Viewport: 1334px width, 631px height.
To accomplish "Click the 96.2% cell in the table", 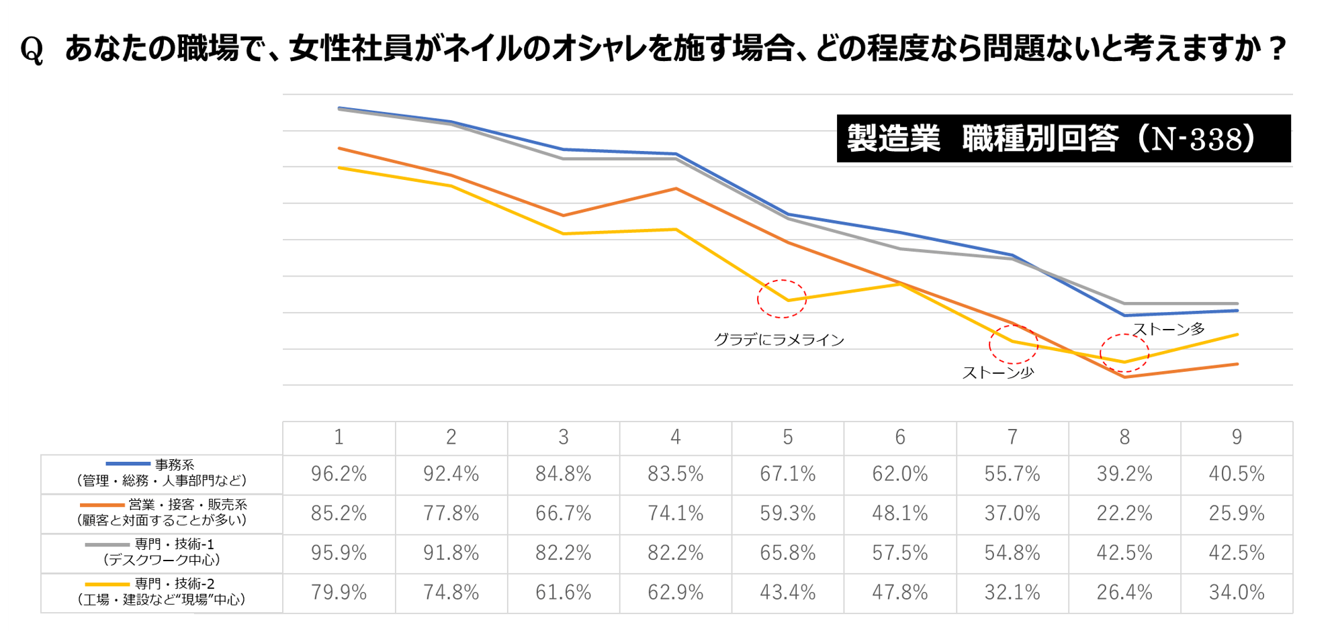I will coord(339,475).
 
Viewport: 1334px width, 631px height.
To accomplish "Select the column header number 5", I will coord(787,438).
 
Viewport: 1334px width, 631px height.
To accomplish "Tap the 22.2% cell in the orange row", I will coord(1124,514).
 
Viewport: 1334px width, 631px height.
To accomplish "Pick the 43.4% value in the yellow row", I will coord(787,592).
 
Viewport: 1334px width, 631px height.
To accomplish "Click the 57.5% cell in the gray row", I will coord(899,553).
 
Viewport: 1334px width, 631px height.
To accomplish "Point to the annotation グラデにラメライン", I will coord(779,340).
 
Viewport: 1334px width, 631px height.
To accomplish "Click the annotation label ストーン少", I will coord(997,373).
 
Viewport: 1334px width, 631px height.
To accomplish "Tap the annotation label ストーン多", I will coord(1169,329).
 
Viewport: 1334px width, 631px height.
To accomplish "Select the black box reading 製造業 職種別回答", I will coord(1063,138).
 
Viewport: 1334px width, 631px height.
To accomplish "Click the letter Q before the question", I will coord(32,50).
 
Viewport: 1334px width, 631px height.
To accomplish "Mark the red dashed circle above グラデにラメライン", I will coord(782,299).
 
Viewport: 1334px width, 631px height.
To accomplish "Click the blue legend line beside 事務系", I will coord(128,464).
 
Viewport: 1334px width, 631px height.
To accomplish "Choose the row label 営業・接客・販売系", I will coord(187,504).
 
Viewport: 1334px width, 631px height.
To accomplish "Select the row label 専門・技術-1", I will coord(174,544).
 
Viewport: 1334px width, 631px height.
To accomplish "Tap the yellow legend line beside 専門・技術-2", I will coord(107,584).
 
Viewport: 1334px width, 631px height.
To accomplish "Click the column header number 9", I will coord(1236,438).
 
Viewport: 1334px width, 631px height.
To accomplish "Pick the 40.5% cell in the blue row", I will coord(1236,475).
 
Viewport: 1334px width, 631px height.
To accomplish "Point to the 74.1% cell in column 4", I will coord(675,514).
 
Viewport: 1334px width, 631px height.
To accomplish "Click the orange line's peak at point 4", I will coord(676,189).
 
